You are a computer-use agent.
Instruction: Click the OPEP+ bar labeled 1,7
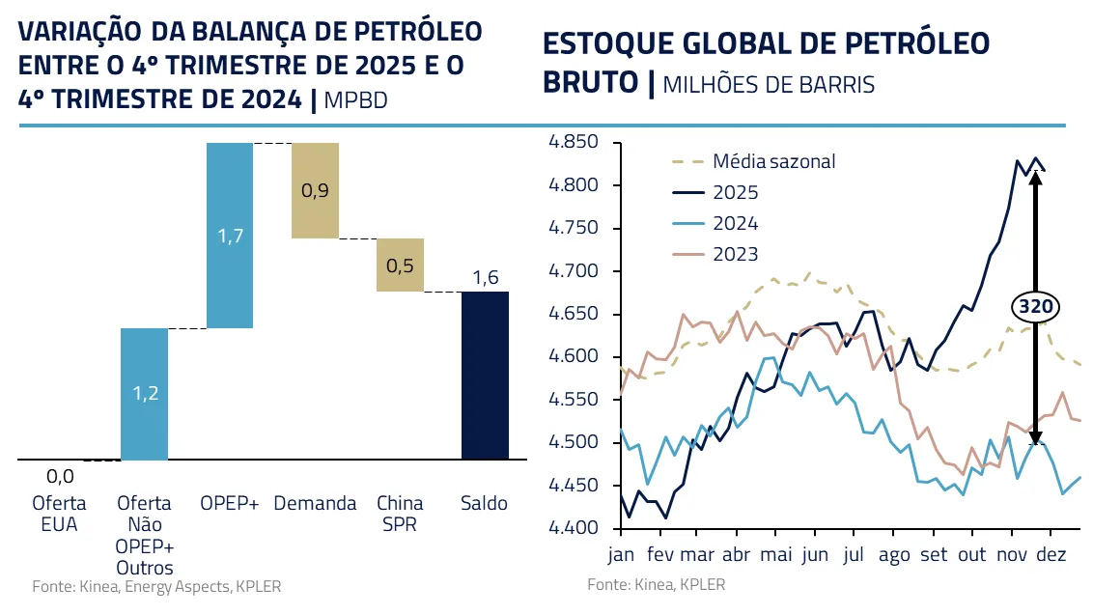pos(229,236)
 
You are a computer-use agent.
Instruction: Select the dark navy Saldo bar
pos(485,376)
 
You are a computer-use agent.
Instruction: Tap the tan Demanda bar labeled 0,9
pos(315,190)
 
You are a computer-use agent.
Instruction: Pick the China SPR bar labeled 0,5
pos(400,265)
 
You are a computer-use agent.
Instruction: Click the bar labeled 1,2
pos(144,394)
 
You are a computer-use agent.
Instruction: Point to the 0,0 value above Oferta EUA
pos(60,475)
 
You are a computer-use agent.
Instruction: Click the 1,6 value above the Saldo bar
pos(485,278)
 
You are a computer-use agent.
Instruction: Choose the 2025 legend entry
pos(736,192)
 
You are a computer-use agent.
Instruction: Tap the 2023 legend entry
pos(736,254)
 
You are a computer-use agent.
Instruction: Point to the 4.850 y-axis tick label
pos(573,143)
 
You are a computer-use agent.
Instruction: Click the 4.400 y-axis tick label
pos(573,528)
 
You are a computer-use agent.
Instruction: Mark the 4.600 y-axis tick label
pos(573,357)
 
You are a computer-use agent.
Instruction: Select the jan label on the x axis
pos(622,555)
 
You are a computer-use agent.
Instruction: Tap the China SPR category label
pos(400,513)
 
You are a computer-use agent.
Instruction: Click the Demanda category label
pos(315,503)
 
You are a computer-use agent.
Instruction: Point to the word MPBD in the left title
pos(356,99)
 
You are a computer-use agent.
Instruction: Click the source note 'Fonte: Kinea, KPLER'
pos(656,584)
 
